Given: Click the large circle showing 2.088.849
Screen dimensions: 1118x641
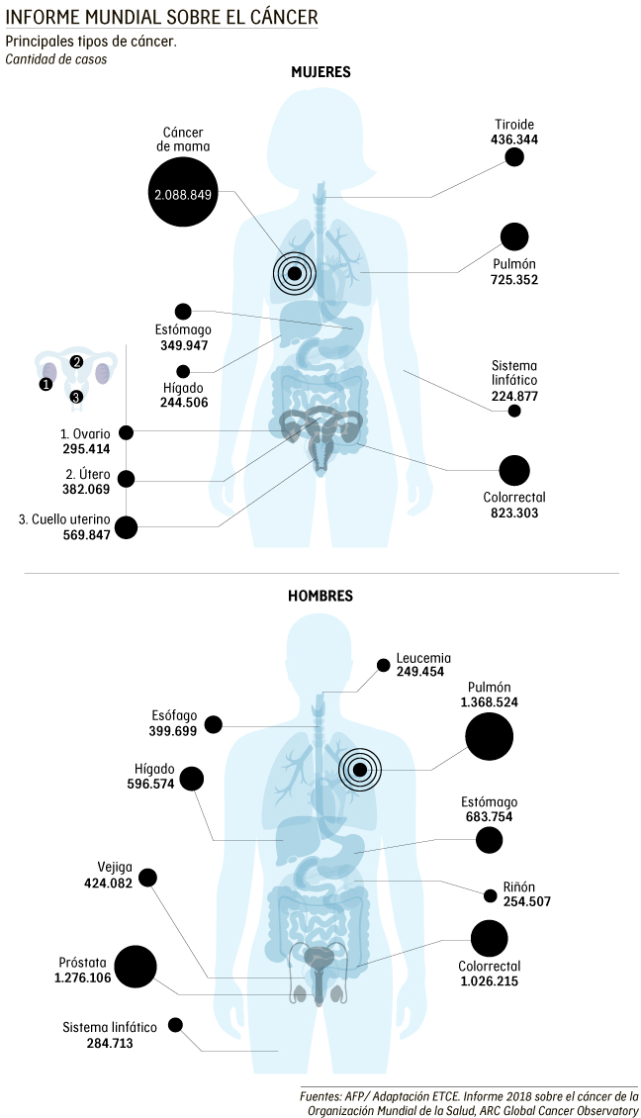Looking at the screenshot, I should click(x=183, y=194).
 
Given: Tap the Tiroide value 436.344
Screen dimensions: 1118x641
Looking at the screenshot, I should click(x=514, y=141).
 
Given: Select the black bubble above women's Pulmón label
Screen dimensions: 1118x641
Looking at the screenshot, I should click(x=514, y=236).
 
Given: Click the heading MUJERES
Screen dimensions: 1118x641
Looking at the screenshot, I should click(x=320, y=72).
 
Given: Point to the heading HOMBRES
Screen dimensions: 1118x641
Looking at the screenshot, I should click(x=320, y=597).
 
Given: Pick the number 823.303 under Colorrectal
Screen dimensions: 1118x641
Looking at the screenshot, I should click(x=514, y=513).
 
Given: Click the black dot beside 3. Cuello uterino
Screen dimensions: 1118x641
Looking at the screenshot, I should click(x=126, y=526).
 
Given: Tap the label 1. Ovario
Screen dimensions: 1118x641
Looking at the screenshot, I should click(x=85, y=432).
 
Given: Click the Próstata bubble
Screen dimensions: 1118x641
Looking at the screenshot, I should click(x=136, y=967).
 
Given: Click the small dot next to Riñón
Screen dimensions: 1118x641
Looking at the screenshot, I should click(x=490, y=896).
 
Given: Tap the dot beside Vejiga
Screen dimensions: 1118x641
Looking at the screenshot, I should click(x=148, y=877).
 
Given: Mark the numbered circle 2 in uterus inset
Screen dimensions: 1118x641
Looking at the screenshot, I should click(x=76, y=361).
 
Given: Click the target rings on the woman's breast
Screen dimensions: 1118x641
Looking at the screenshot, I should click(x=294, y=272).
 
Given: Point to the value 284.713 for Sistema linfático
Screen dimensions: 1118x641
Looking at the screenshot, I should click(x=97, y=1043).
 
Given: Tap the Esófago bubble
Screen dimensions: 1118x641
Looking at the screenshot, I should click(x=214, y=725).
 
